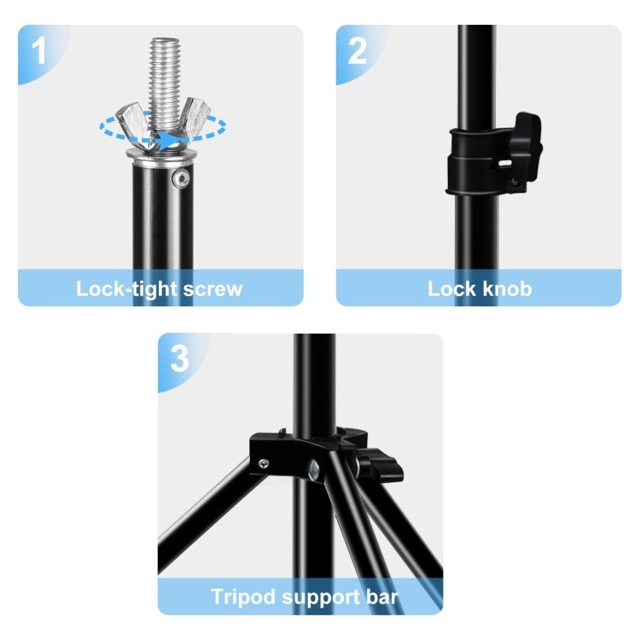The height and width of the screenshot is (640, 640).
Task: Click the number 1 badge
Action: [38, 51]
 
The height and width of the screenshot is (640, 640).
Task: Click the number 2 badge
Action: [358, 51]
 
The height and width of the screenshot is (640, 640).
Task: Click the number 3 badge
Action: [179, 358]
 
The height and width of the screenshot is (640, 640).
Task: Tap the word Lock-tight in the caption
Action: [127, 289]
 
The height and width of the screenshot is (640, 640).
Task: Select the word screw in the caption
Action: [212, 290]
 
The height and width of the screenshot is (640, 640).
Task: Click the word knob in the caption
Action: [508, 289]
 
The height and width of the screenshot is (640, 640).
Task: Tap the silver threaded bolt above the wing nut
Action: [165, 82]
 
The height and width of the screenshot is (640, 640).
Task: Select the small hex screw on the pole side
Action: [181, 178]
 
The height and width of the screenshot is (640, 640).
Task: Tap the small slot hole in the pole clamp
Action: [505, 164]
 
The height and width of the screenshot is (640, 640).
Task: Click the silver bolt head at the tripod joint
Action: [314, 470]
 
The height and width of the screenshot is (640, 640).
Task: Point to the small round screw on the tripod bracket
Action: [264, 463]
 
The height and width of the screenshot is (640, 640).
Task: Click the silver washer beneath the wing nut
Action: [161, 154]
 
